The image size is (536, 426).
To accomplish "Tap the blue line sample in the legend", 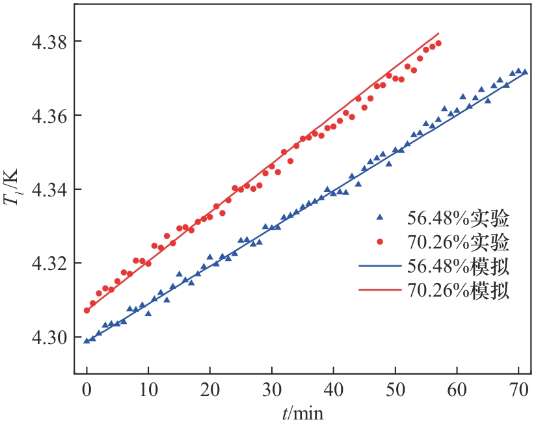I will pos(380,266).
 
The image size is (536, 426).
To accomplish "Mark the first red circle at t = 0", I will pos(87,310).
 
